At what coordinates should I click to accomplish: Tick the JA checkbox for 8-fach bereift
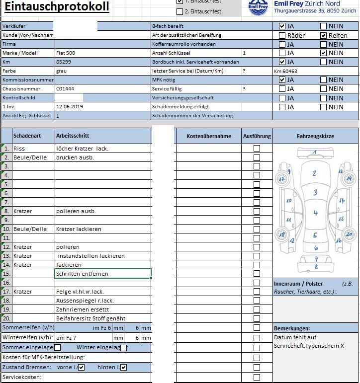(282, 26)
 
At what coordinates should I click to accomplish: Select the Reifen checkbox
(323, 35)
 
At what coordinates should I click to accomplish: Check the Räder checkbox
(282, 35)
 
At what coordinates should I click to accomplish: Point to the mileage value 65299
(64, 62)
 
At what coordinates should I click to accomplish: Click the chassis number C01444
(65, 88)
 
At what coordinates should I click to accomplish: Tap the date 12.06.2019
(70, 106)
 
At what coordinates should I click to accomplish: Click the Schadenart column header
(27, 136)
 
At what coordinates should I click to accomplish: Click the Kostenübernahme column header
(208, 136)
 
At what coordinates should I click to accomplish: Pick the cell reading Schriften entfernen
(82, 274)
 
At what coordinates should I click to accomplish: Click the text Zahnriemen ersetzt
(83, 309)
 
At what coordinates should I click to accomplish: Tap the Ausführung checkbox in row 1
(257, 148)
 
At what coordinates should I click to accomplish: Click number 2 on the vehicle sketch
(314, 173)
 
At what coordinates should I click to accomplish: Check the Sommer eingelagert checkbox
(57, 348)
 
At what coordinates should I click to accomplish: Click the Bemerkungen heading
(292, 328)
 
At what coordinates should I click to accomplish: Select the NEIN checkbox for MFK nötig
(323, 79)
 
